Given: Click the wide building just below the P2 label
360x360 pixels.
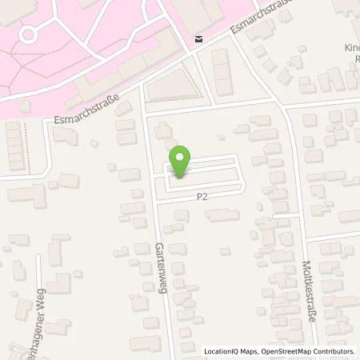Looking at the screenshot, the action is [223, 214].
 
